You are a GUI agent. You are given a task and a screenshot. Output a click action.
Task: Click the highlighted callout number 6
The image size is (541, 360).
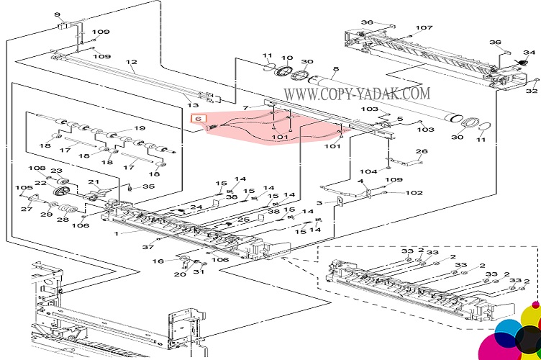[x=198, y=117]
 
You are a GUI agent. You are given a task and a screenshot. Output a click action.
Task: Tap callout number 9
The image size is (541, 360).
[x=57, y=14]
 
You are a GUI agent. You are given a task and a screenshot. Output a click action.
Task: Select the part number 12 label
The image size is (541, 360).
[x=132, y=63]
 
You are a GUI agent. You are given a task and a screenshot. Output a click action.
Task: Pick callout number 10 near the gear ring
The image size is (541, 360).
[x=286, y=58]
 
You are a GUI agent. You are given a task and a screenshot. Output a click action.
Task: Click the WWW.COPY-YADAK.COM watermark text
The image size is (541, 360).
[x=357, y=94]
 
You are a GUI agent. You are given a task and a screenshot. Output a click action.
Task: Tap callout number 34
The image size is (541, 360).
[x=529, y=53]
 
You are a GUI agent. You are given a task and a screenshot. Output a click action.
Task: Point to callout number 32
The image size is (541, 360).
[x=532, y=91]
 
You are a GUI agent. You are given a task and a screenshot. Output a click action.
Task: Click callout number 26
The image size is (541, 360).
[x=422, y=151]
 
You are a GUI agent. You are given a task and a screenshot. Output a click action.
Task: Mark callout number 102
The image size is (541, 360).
[x=414, y=193]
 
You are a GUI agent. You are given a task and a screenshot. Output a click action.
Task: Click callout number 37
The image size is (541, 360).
[x=148, y=247]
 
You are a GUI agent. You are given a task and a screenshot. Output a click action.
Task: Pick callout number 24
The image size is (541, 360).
[x=196, y=207]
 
